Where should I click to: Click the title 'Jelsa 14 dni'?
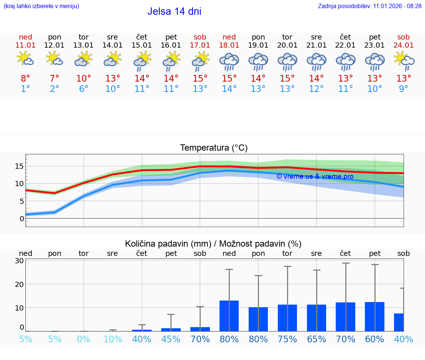click(174, 11)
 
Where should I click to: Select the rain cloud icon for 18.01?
click(229, 62)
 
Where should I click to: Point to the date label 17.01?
click(200, 45)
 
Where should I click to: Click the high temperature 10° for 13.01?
click(84, 78)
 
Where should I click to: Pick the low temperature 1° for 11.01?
click(25, 89)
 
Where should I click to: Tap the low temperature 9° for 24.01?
click(404, 89)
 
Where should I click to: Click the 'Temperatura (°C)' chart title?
click(214, 148)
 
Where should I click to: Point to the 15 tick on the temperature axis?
click(19, 166)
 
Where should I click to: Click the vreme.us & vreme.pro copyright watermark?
click(315, 176)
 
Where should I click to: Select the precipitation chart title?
click(213, 244)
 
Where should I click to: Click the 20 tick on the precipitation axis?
click(19, 284)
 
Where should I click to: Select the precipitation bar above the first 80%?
click(229, 316)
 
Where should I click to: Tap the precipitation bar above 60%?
click(374, 316)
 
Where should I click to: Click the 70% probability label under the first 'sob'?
click(200, 339)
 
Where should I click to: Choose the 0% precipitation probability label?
click(84, 339)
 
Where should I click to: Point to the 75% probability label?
click(287, 339)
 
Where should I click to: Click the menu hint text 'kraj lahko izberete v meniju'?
click(41, 6)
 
